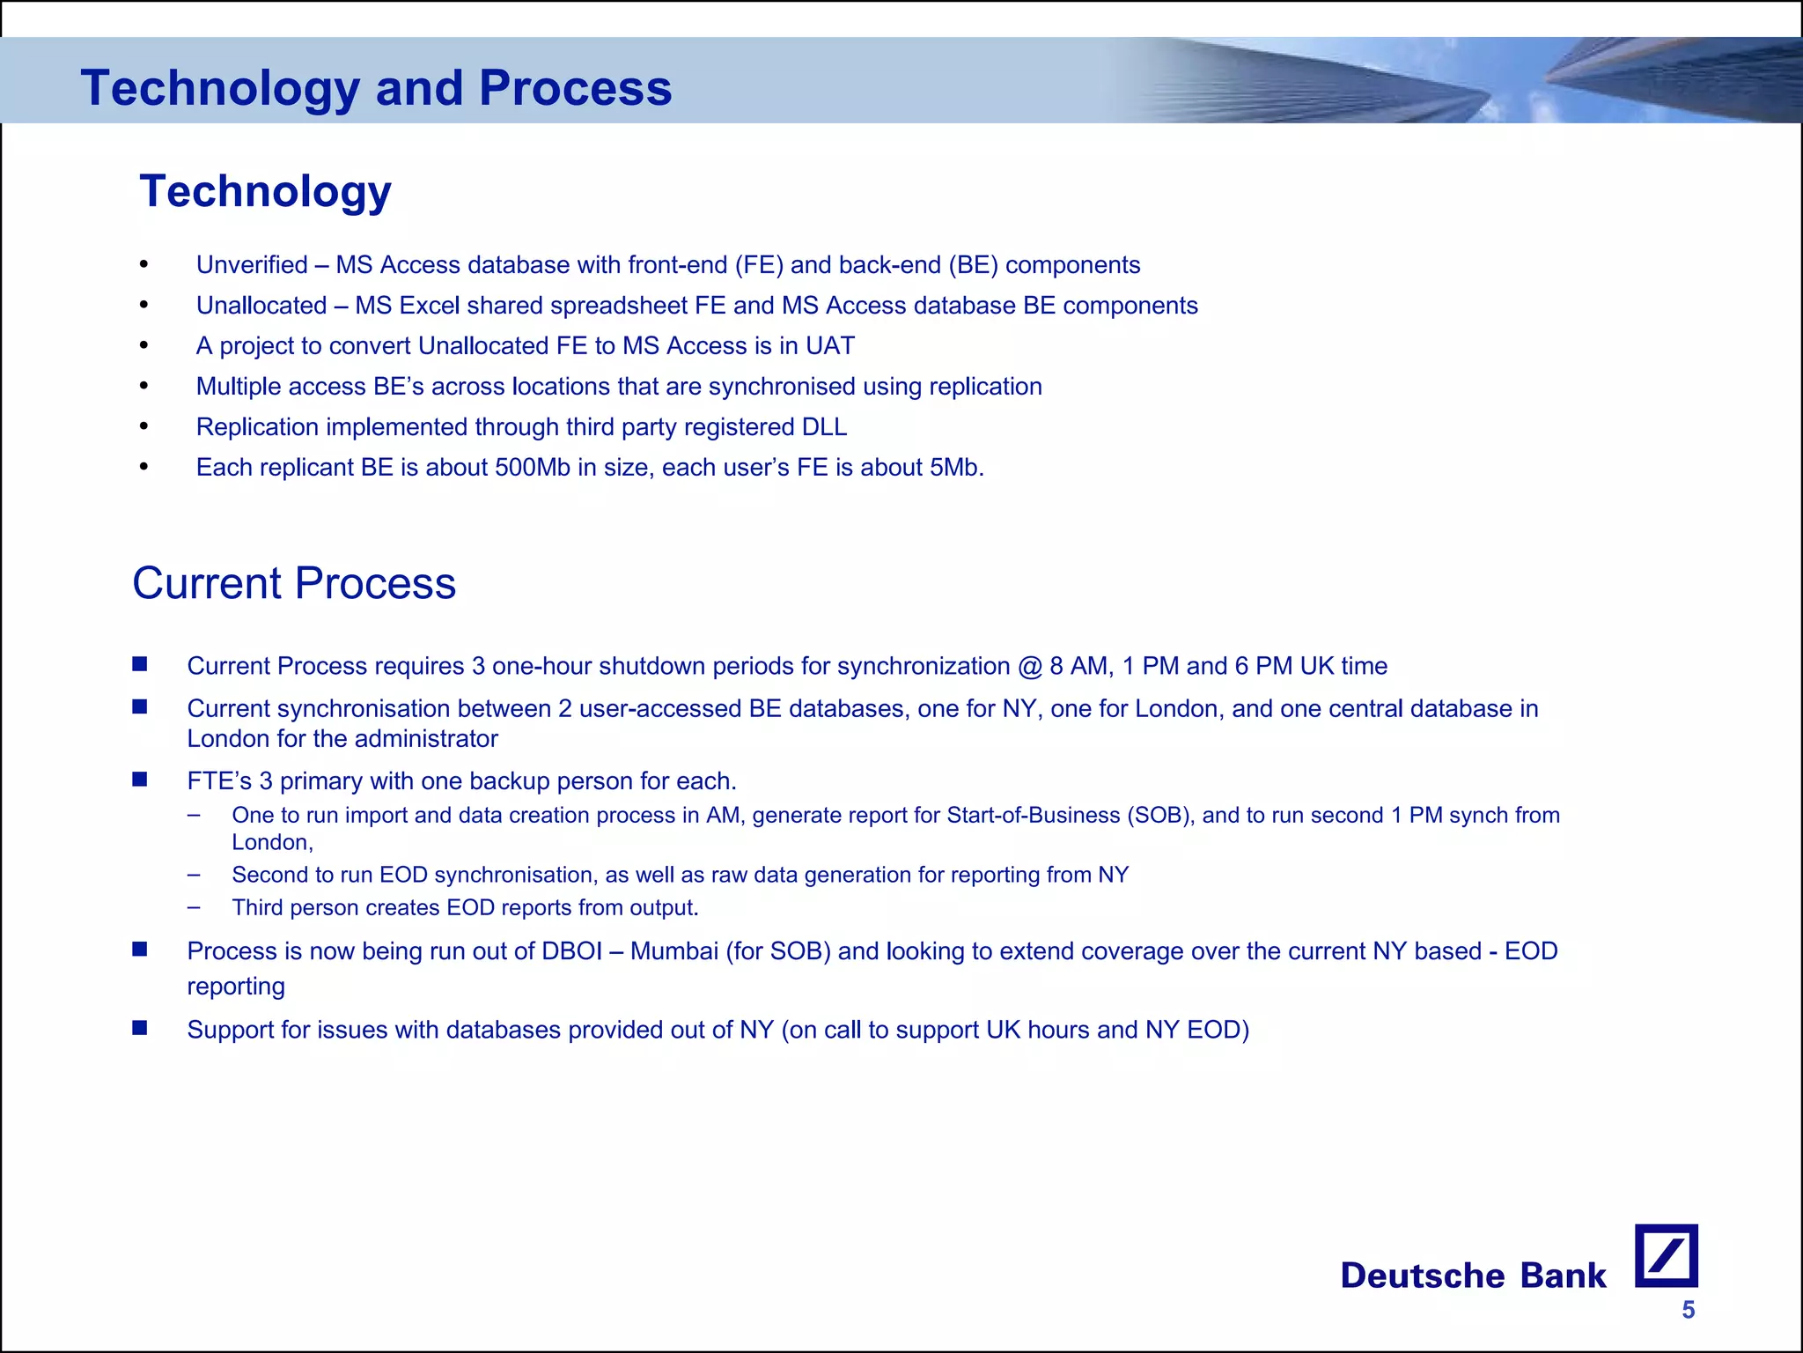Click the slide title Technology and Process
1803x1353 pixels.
pyautogui.click(x=376, y=88)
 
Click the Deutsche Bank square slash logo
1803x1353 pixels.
pyautogui.click(x=1666, y=1255)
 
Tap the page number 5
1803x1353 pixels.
pyautogui.click(x=1688, y=1310)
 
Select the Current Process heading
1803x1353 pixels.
pyautogui.click(x=294, y=583)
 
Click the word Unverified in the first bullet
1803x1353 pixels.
pyautogui.click(x=252, y=265)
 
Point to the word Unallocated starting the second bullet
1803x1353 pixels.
pyautogui.click(x=261, y=306)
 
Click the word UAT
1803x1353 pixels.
pyautogui.click(x=829, y=346)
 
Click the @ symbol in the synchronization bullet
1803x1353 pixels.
pyautogui.click(x=1029, y=666)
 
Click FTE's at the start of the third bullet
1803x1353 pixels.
pyautogui.click(x=219, y=781)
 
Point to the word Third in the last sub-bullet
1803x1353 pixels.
pyautogui.click(x=257, y=908)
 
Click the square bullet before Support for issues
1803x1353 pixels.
pyautogui.click(x=140, y=1028)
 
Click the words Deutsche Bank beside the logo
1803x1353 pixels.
pyautogui.click(x=1472, y=1275)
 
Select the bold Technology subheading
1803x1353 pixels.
pyautogui.click(x=265, y=191)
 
